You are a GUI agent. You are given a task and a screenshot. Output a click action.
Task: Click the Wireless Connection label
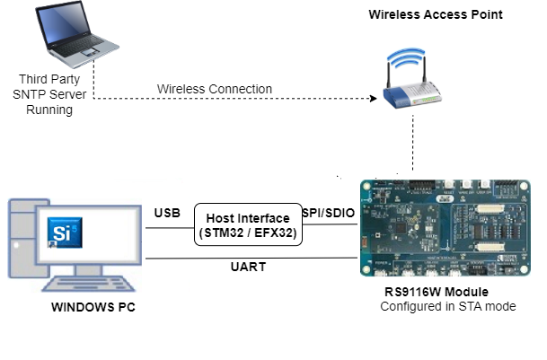tap(215, 89)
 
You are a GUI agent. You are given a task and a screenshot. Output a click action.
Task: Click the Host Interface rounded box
tap(248, 226)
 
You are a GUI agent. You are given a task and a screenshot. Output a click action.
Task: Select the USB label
tap(166, 214)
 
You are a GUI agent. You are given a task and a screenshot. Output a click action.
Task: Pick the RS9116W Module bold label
tap(423, 292)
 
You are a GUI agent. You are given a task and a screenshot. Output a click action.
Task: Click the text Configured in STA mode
tap(447, 307)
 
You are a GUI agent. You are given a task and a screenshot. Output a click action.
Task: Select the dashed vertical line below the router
tap(413, 144)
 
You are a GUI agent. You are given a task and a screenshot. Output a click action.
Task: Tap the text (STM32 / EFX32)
tap(248, 234)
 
